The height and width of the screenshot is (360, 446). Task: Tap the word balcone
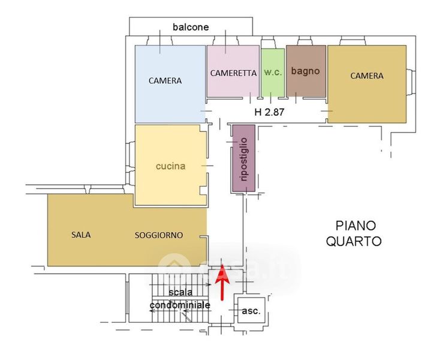pyautogui.click(x=191, y=27)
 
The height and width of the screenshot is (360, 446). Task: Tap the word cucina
pyautogui.click(x=170, y=166)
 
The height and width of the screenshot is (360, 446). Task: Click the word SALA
pyautogui.click(x=80, y=235)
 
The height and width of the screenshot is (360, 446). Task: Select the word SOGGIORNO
pyautogui.click(x=159, y=235)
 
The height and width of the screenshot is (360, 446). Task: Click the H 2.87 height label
pyautogui.click(x=269, y=112)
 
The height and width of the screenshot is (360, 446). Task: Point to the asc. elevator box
pyautogui.click(x=251, y=311)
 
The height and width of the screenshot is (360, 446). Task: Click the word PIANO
pyautogui.click(x=355, y=226)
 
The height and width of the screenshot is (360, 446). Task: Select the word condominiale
pyautogui.click(x=180, y=305)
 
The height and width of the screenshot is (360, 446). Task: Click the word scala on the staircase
pyautogui.click(x=180, y=292)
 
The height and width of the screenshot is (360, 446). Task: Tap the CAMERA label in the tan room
pyautogui.click(x=367, y=76)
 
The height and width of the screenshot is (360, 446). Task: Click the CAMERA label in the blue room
pyautogui.click(x=165, y=80)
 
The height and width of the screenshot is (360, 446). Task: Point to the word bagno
pyautogui.click(x=306, y=71)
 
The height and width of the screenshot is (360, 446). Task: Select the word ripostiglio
pyautogui.click(x=243, y=158)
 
